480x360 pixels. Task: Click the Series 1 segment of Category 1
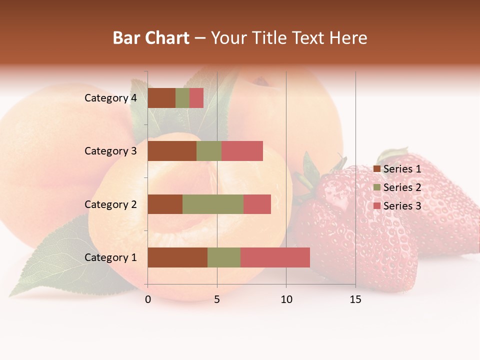(x=177, y=257)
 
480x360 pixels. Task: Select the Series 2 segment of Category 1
(x=224, y=257)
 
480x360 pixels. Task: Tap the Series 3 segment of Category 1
(x=275, y=257)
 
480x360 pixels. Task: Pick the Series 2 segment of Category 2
(x=213, y=204)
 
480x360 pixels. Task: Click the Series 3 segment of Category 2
(x=257, y=204)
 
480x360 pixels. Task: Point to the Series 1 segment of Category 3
(x=172, y=151)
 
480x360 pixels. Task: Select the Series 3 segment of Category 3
(x=242, y=151)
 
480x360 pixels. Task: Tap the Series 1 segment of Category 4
(x=161, y=98)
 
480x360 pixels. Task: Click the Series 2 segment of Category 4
(x=182, y=98)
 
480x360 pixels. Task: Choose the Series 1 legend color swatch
(x=377, y=169)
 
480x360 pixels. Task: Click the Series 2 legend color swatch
(x=377, y=187)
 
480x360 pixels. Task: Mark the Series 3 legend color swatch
(x=377, y=206)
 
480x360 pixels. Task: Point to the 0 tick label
(x=148, y=299)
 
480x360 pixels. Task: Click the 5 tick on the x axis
(x=217, y=299)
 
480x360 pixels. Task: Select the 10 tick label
(x=286, y=299)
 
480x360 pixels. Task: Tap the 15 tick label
(x=355, y=299)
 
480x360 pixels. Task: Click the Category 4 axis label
(x=110, y=98)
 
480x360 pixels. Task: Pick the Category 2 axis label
(x=110, y=204)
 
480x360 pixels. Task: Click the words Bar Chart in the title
(x=151, y=38)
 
